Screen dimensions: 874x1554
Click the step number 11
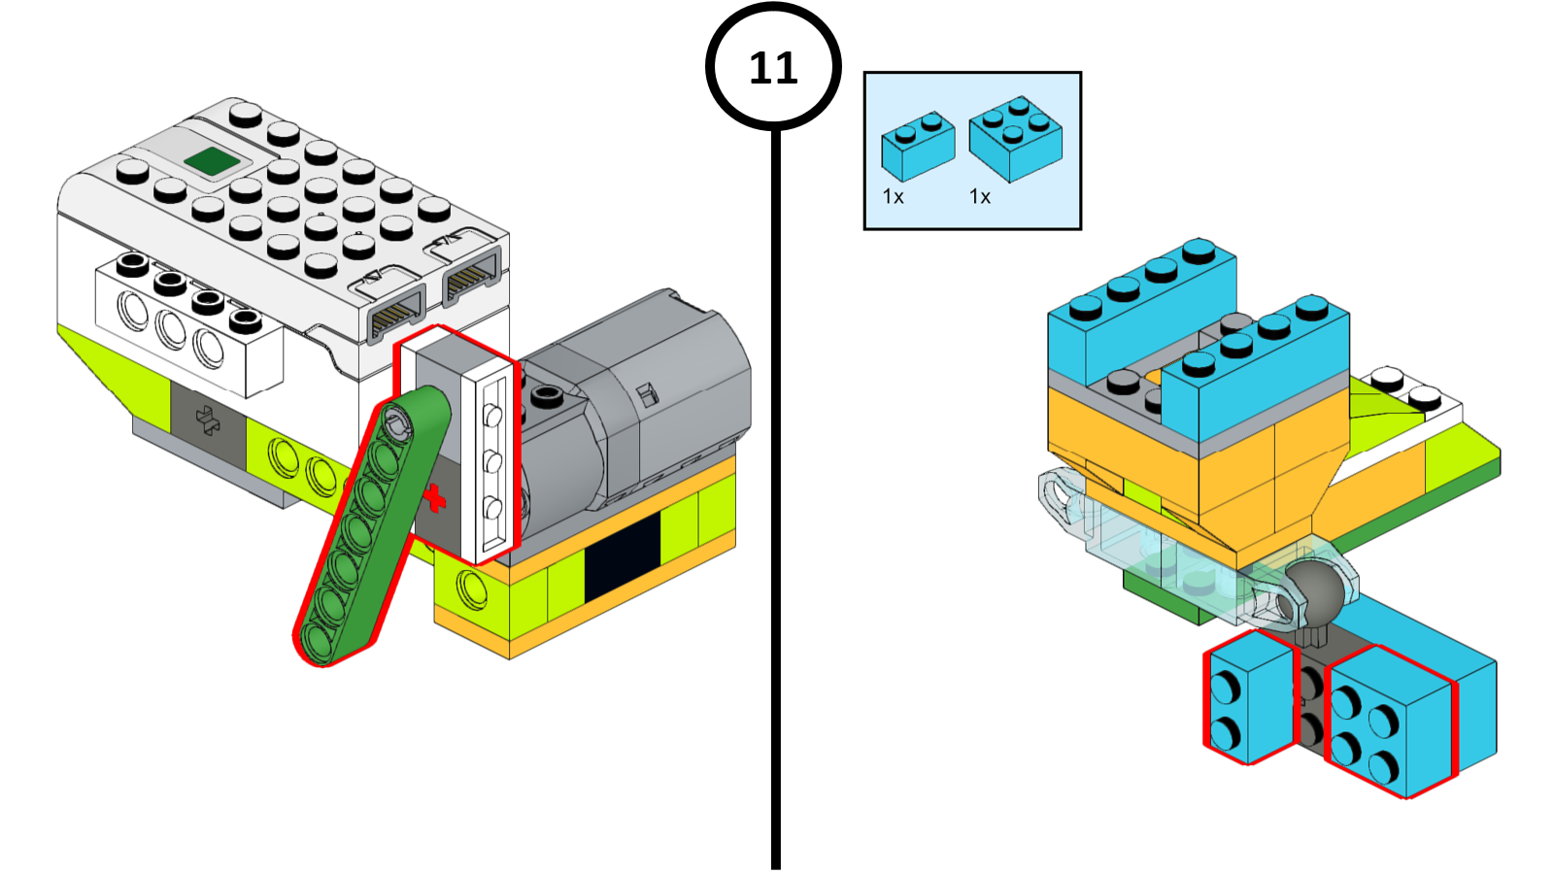tap(773, 68)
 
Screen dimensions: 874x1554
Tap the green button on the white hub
tap(213, 161)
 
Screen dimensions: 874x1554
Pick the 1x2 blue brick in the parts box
tap(917, 147)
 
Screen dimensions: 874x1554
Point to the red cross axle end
tap(434, 498)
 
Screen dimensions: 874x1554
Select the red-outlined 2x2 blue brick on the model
tap(1390, 723)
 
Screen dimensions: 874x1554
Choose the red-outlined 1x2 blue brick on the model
tap(1249, 697)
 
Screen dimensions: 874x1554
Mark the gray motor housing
tap(660, 388)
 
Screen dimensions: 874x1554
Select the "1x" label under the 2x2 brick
tap(980, 197)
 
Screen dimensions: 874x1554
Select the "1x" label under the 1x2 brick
tap(893, 197)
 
